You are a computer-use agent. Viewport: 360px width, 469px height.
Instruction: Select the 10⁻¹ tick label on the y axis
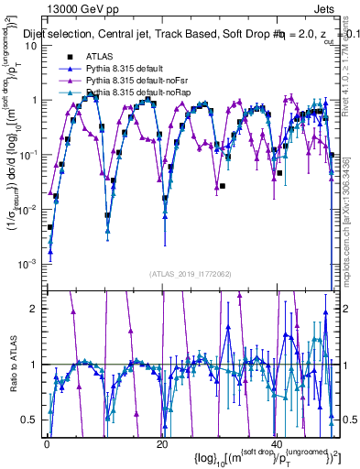point(29,154)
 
